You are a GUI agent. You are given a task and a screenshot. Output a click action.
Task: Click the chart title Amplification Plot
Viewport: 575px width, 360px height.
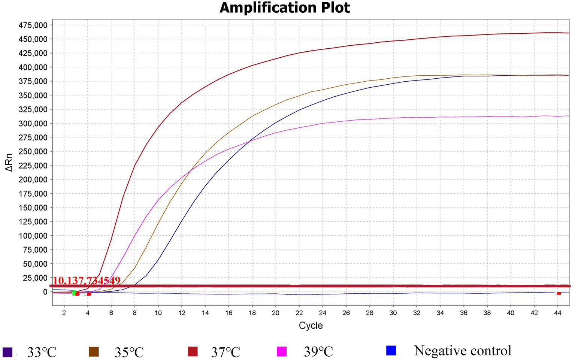coord(285,8)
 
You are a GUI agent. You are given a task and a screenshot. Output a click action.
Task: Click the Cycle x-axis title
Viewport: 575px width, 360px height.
coord(311,326)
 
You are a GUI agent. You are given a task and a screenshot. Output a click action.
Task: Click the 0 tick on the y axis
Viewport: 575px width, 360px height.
coord(45,292)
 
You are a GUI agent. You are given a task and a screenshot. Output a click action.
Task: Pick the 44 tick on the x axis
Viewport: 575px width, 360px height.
coord(557,313)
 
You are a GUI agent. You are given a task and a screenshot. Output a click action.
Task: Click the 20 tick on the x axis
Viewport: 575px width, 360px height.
coord(275,313)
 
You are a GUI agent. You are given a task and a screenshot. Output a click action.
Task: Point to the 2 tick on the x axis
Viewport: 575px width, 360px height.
coord(64,313)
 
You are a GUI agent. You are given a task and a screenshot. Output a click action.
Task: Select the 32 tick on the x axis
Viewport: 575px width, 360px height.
coord(417,313)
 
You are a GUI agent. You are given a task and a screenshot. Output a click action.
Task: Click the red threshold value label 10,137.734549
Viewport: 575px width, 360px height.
coord(87,281)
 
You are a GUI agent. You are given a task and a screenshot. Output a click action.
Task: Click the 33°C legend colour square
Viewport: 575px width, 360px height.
coord(7,352)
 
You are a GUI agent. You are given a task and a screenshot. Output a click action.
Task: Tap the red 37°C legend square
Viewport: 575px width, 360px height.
coord(193,352)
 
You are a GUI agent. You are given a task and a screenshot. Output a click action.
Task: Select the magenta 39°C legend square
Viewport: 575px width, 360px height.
coord(282,352)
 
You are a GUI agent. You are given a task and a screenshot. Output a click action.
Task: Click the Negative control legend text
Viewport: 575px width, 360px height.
coord(462,351)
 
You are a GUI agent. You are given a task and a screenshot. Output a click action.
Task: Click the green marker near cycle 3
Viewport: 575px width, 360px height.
coord(74,293)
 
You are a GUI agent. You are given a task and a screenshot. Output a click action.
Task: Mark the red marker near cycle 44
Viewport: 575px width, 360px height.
coord(559,293)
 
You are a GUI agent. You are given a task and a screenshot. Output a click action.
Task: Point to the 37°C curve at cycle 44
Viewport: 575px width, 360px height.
coord(557,33)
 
